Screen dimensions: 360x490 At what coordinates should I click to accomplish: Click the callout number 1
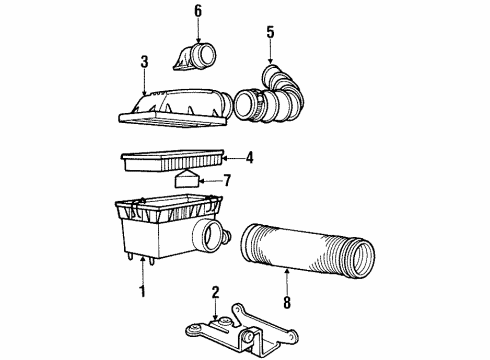(142, 292)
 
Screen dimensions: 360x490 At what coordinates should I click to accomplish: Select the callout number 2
(215, 292)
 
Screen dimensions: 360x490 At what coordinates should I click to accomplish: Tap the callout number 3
(145, 62)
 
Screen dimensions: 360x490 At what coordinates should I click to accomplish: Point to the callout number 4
(250, 156)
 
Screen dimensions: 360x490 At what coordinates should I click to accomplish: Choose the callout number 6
(197, 11)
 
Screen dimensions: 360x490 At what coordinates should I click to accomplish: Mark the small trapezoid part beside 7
(187, 181)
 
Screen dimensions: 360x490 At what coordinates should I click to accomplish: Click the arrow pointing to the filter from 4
(230, 156)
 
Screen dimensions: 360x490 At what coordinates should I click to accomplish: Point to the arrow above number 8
(285, 280)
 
